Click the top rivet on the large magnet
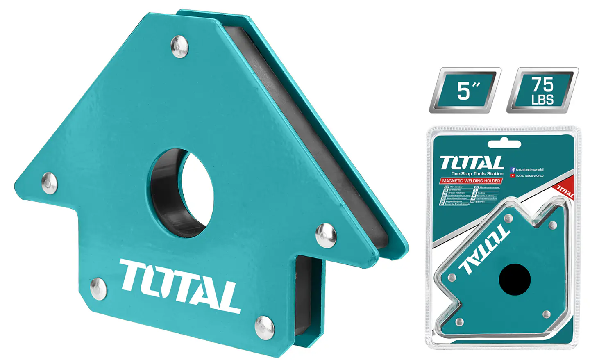pos(179,46)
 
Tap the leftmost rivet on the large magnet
pos(50,183)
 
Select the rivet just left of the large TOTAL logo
pos(98,288)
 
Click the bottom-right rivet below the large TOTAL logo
pos(264,327)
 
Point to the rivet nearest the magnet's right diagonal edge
pos(326,235)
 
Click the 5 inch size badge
pos(465,90)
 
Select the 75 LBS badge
pos(542,90)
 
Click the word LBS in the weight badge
pos(542,100)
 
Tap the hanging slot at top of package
pos(504,144)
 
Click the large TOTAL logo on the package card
pos(472,163)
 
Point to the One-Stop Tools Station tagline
pos(477,174)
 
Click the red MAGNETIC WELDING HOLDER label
pos(471,181)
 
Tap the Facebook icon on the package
pos(513,170)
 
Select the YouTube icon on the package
pos(513,176)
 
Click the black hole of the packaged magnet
pos(515,279)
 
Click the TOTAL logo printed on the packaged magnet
pos(485,249)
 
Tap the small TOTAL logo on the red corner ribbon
pos(565,191)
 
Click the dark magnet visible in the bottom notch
pos(305,295)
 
